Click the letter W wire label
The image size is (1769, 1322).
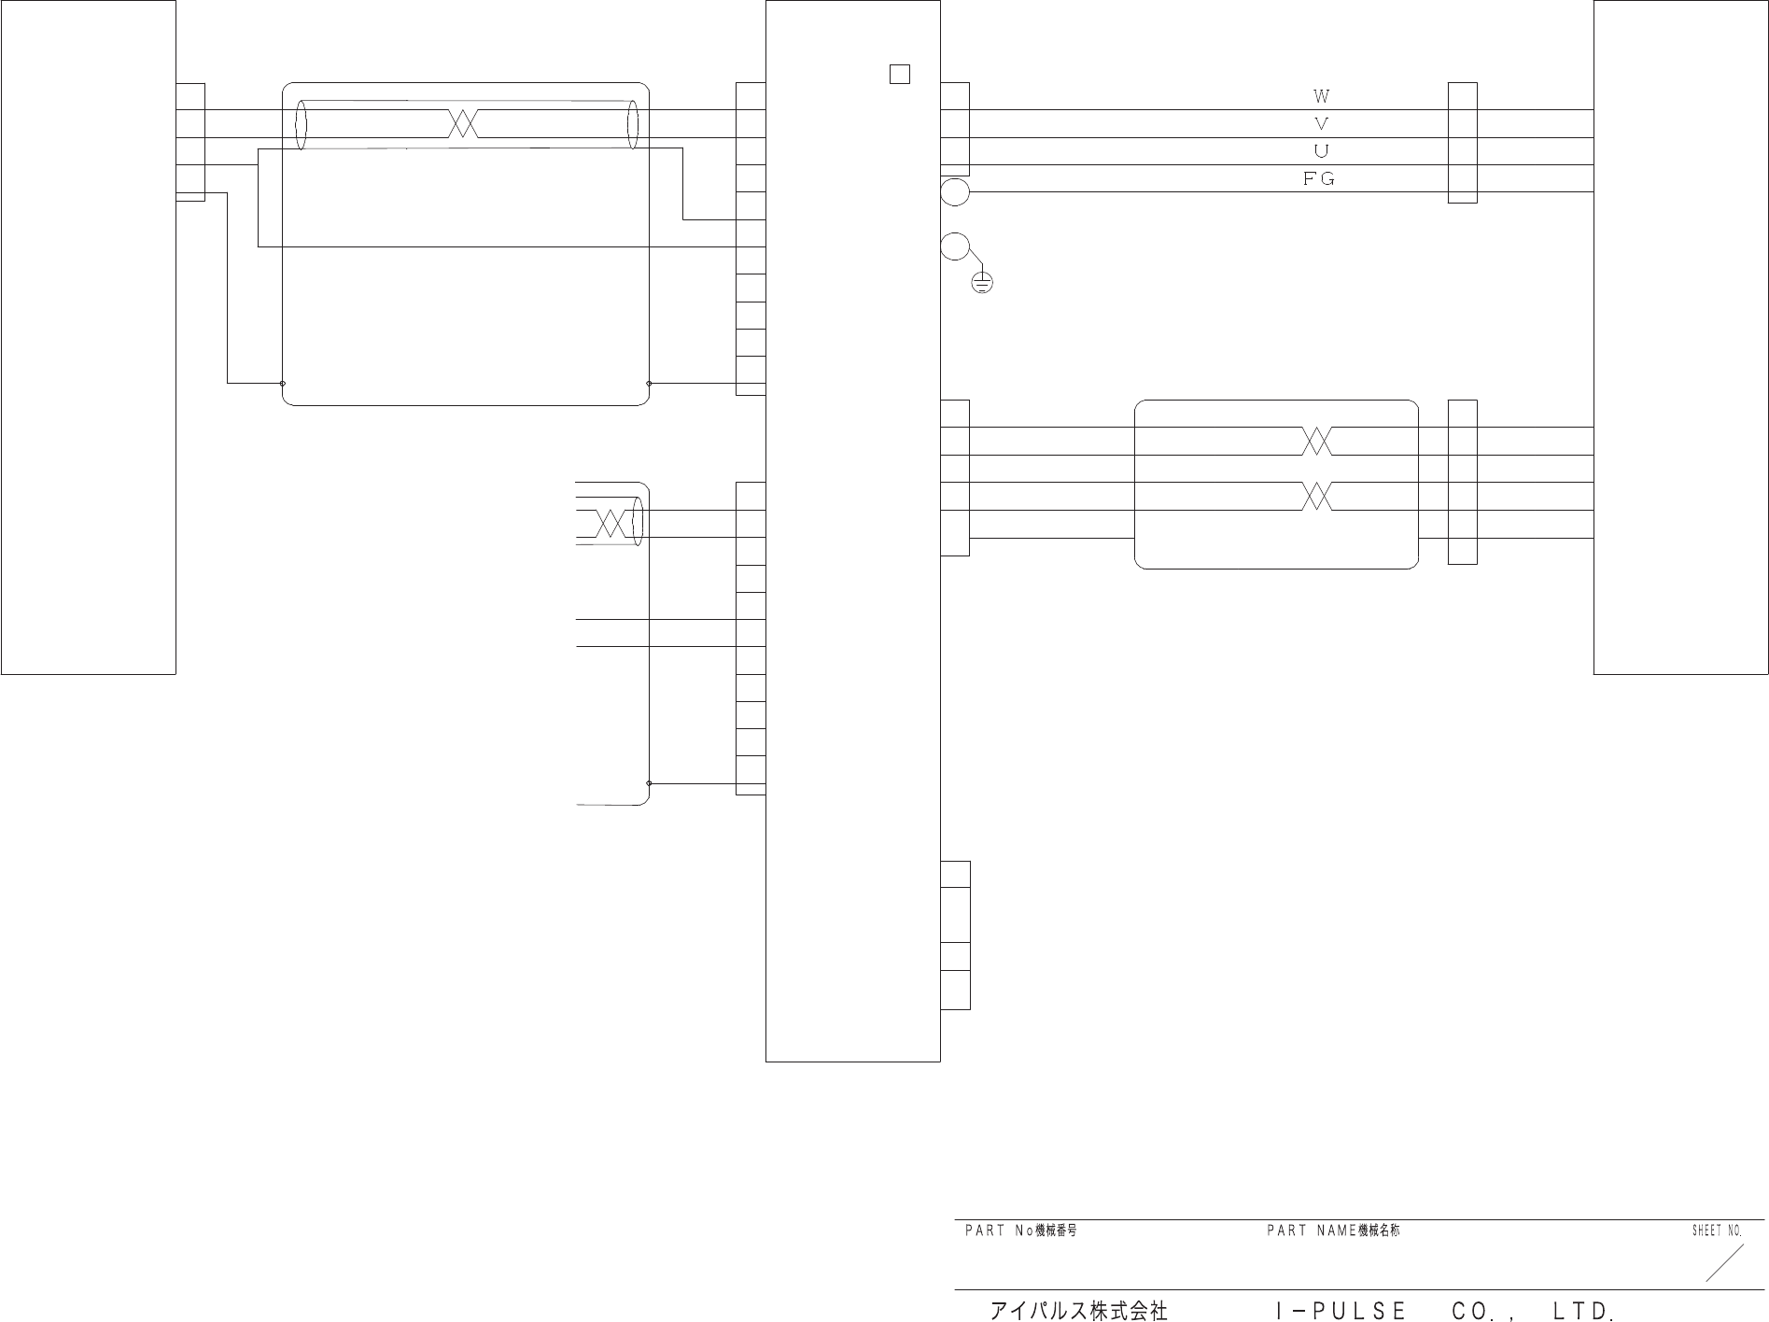coord(1321,95)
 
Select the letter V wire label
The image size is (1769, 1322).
coord(1321,123)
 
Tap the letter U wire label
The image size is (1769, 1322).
coord(1321,151)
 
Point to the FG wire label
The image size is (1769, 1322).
coord(1319,179)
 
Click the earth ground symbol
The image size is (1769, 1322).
coord(982,282)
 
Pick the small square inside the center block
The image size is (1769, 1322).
coord(900,74)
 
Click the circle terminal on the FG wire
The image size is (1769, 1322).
coord(955,192)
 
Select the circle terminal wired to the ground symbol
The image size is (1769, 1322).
coord(955,246)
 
